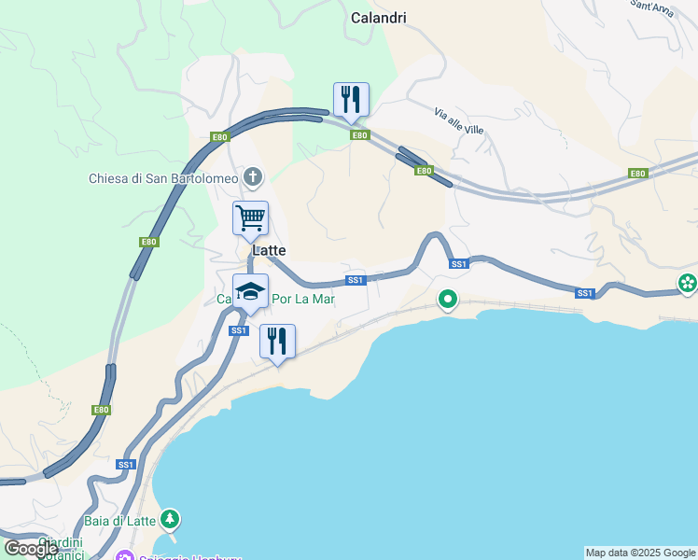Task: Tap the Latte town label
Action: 268,251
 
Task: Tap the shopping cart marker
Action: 250,218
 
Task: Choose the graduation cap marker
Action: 250,291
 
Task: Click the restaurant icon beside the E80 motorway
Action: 351,100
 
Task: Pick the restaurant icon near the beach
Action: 277,342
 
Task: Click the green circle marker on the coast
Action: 448,301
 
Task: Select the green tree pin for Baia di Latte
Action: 169,518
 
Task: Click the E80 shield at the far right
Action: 638,174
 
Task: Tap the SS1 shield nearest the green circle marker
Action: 458,264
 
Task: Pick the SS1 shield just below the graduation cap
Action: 238,330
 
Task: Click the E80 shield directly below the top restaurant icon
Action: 360,135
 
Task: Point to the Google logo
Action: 31,549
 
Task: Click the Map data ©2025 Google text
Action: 640,553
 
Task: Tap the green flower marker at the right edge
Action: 689,283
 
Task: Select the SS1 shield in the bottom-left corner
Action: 127,464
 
